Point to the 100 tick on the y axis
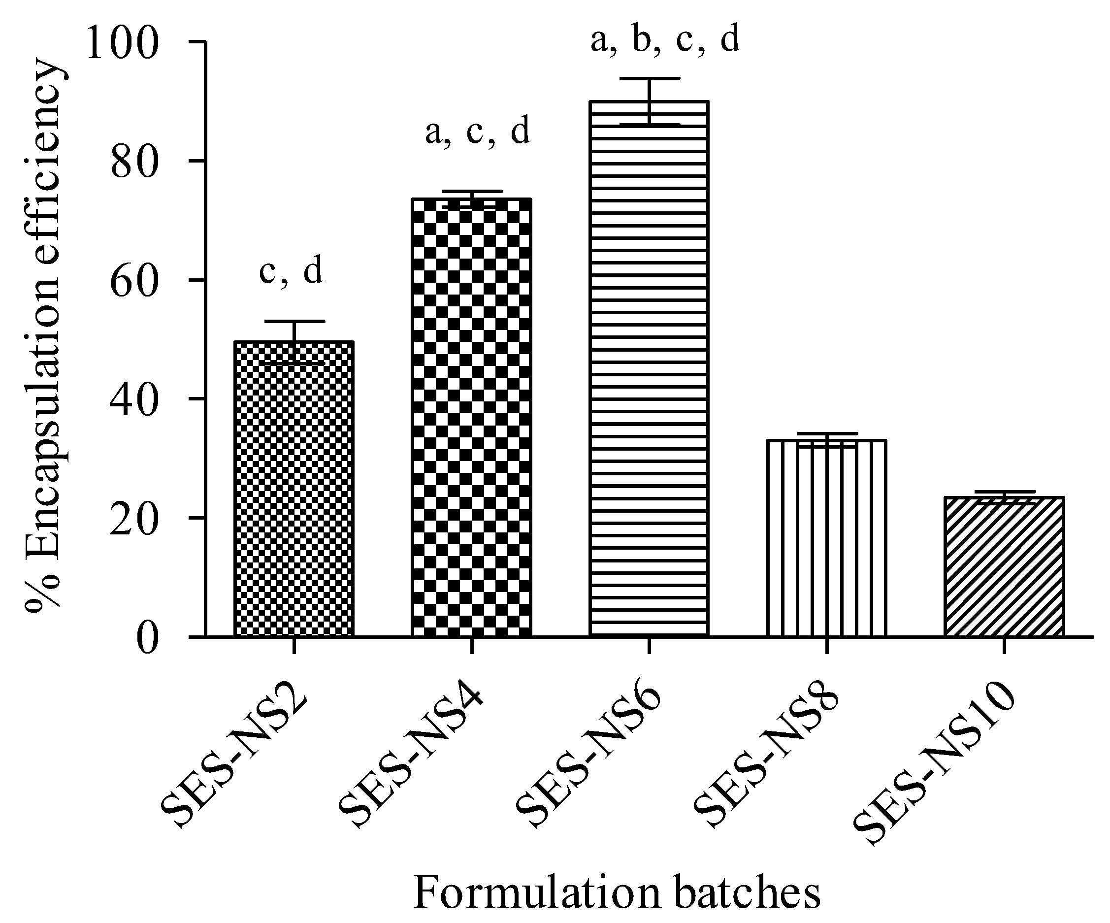pos(122,43)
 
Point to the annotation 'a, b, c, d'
pos(665,40)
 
